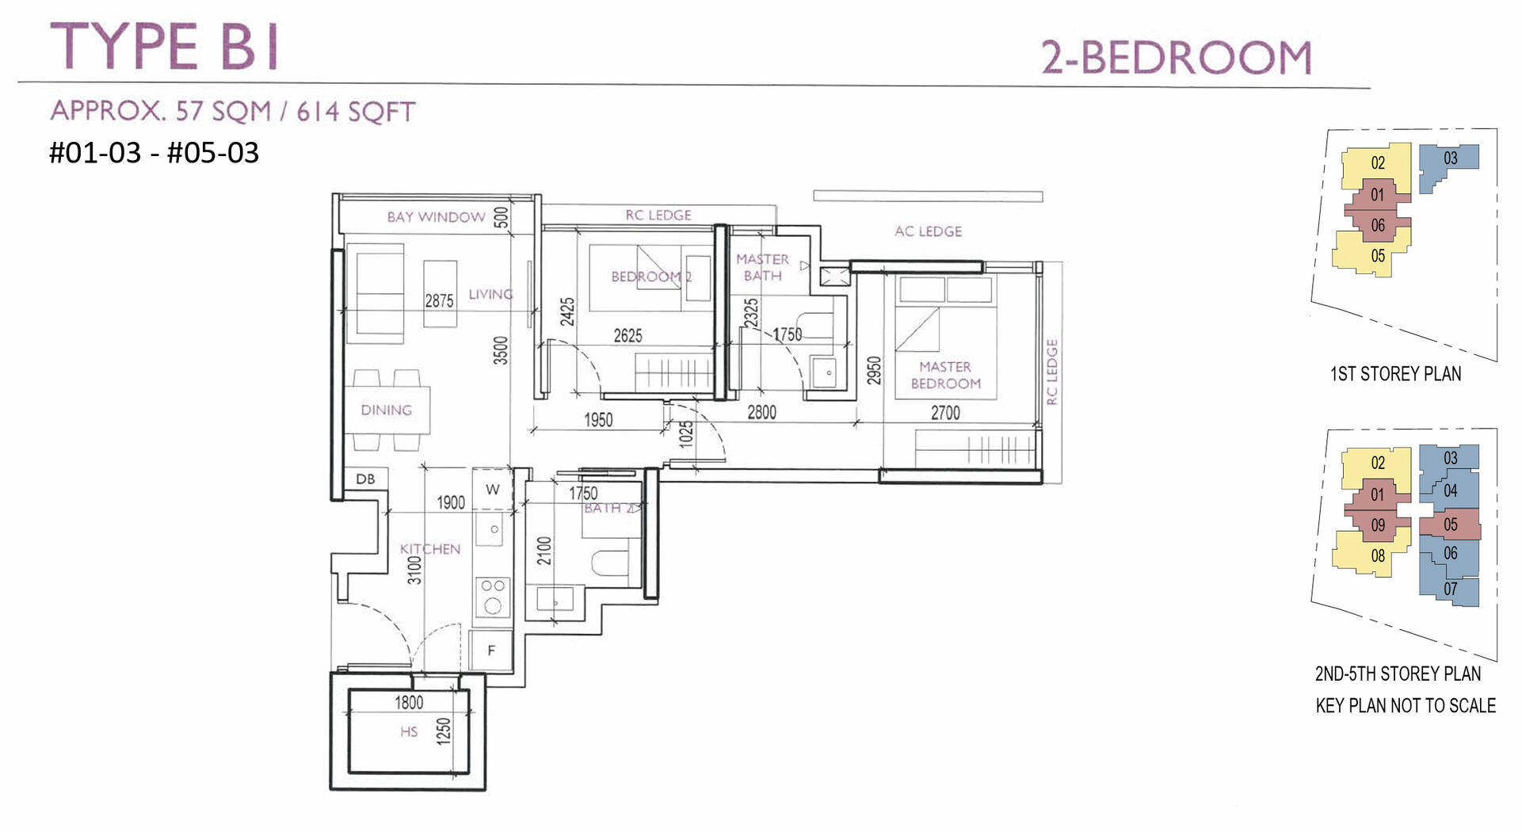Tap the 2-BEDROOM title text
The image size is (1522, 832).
coord(1176,58)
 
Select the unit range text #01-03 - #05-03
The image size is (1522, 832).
coord(154,153)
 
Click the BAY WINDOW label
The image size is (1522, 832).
coord(436,217)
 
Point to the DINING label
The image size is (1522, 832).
coord(386,410)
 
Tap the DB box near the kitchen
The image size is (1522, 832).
coord(365,479)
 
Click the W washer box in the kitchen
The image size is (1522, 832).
coord(493,490)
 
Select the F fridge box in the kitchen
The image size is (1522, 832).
coord(491,651)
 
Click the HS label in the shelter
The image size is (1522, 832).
coord(409,732)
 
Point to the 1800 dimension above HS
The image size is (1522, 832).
coord(409,703)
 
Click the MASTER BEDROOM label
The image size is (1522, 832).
coord(945,376)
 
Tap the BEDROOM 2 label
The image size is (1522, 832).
coord(651,277)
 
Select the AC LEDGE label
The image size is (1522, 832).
coord(928,231)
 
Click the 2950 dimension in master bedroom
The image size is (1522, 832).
coord(874,371)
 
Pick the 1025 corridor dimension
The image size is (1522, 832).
coord(686,434)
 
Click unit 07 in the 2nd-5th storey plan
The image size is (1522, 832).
coord(1450,590)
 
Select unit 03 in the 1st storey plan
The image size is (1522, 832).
coord(1450,158)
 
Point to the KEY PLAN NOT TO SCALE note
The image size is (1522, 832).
coord(1406,706)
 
